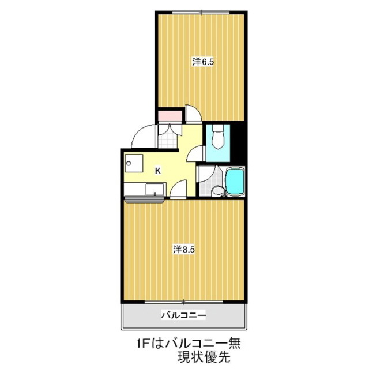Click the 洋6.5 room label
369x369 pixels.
click(203, 62)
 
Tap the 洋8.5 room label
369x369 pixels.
click(184, 250)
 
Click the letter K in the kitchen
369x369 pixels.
click(157, 171)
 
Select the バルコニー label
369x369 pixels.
click(183, 315)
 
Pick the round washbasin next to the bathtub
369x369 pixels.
click(217, 191)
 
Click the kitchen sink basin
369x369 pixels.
click(155, 189)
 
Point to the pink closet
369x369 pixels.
click(171, 115)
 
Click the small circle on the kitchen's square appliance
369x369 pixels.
click(129, 163)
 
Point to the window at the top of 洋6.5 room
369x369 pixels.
click(201, 12)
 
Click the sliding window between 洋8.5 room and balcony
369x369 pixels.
click(183, 302)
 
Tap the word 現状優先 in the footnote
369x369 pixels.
click(204, 357)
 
